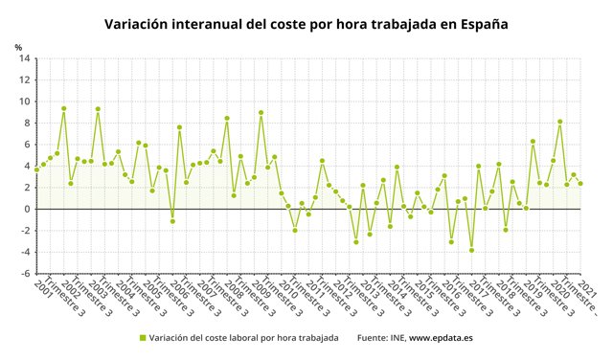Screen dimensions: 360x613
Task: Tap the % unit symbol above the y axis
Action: click(x=17, y=47)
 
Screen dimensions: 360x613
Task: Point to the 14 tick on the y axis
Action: click(x=22, y=58)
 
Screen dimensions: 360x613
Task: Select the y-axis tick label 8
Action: click(x=25, y=123)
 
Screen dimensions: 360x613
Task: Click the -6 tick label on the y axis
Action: click(x=23, y=273)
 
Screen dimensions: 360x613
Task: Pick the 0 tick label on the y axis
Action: click(x=25, y=209)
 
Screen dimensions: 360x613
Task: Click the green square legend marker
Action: click(x=143, y=337)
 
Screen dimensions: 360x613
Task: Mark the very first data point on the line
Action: click(x=36, y=169)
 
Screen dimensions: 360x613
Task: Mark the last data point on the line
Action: click(x=580, y=184)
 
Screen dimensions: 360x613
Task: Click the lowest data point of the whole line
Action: click(x=472, y=250)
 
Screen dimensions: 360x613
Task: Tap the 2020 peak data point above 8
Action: click(x=560, y=122)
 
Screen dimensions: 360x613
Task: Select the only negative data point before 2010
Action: click(x=172, y=221)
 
